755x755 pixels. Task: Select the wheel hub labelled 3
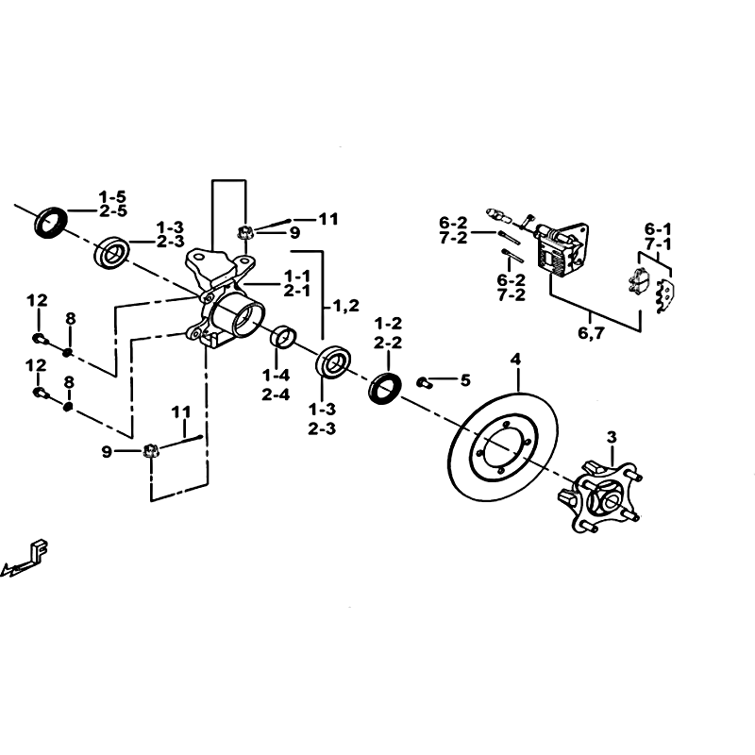599,497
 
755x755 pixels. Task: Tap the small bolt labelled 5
424,383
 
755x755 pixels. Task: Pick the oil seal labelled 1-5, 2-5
52,222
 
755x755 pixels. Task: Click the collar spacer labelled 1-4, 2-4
285,336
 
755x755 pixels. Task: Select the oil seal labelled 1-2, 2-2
385,388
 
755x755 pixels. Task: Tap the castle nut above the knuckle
245,233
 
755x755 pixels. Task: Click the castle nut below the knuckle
151,451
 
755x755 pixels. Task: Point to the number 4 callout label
515,360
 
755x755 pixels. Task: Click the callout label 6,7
591,333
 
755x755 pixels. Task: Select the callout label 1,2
345,305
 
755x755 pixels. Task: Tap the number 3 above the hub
612,438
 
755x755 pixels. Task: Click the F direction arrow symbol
26,559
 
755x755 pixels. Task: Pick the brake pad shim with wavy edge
666,296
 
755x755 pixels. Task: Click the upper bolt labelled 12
41,339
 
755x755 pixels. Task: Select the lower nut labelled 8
68,407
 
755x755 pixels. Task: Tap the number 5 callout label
465,380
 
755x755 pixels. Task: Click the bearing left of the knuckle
112,252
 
